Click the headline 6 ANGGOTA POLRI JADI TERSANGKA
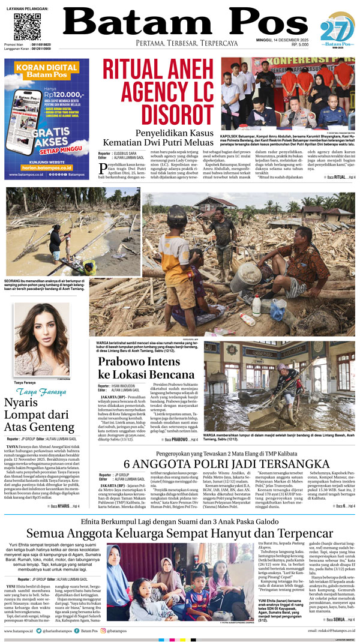(x=227, y=464)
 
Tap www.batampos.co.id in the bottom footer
(x=18, y=632)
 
